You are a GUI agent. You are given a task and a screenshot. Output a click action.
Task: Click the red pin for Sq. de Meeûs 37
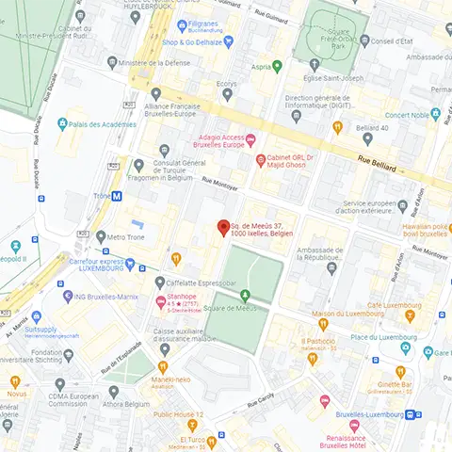pyautogui.click(x=224, y=227)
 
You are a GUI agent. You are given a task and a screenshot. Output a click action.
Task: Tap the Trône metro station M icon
pyautogui.click(x=117, y=196)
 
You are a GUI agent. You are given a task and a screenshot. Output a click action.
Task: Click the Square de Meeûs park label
pyautogui.click(x=230, y=308)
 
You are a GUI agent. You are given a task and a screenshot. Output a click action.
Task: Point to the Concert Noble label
pyautogui.click(x=407, y=115)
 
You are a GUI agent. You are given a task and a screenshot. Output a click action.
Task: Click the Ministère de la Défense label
pyautogui.click(x=154, y=62)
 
